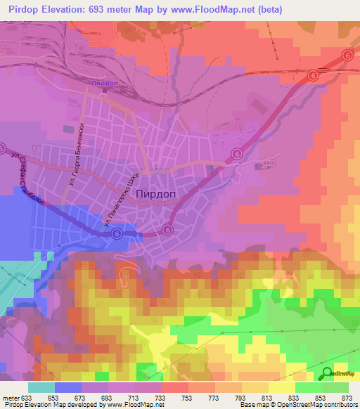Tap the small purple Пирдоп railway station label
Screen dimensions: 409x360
(104, 82)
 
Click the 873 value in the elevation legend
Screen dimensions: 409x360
(345, 397)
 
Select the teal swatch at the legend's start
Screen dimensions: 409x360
(41, 387)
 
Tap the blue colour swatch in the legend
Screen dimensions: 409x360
(68, 387)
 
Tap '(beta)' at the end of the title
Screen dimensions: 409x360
(294, 8)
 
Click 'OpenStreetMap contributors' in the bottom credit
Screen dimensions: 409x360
(321, 405)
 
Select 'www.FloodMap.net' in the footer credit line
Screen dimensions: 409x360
(133, 405)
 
